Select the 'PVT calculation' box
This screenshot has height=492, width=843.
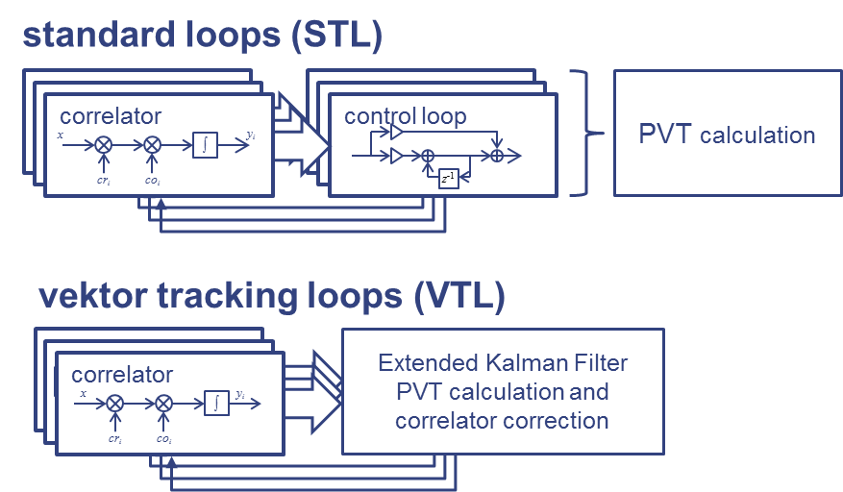point(727,134)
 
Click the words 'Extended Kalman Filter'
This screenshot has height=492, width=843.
point(503,363)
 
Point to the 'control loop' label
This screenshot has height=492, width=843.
point(405,116)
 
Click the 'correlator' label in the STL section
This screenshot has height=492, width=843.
point(111,116)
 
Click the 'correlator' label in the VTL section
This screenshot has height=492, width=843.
point(122,375)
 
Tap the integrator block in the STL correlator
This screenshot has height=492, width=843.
point(205,145)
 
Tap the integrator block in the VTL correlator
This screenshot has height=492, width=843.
point(216,404)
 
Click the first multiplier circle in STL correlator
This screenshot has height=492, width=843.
point(104,145)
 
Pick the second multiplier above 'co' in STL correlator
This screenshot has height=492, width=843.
point(152,145)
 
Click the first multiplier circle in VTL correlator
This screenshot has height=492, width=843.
point(115,404)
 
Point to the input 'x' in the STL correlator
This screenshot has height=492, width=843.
point(61,135)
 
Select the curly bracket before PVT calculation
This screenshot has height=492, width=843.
point(582,133)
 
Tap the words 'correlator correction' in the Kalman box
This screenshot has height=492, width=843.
point(503,420)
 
